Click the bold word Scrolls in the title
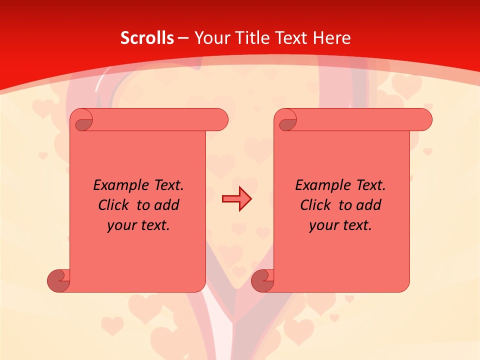147,38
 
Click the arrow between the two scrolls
236,199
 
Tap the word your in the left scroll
120,225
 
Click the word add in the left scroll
167,205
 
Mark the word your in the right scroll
322,225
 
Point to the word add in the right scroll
369,205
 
